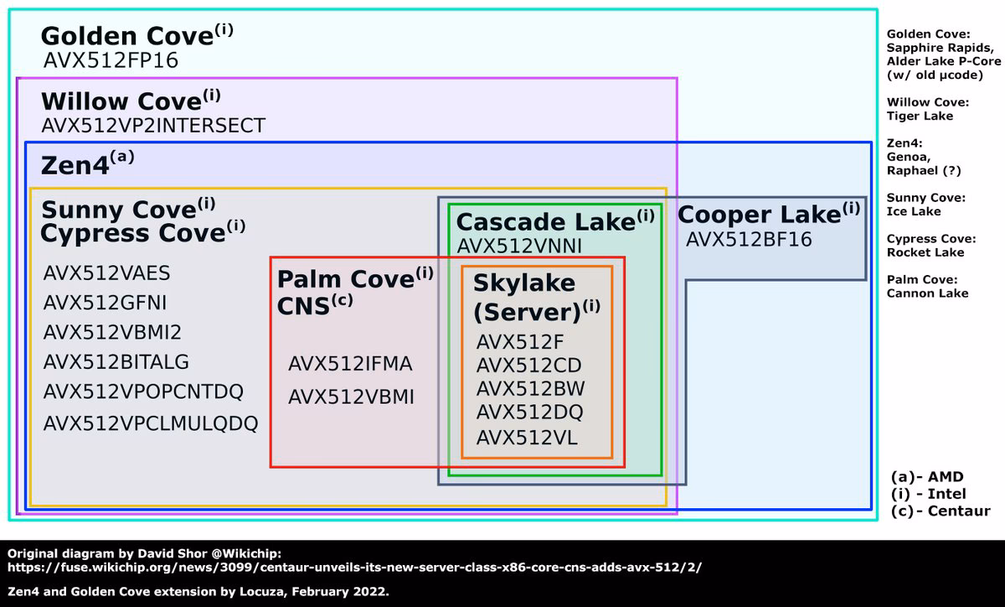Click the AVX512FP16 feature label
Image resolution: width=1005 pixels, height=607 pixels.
pos(111,60)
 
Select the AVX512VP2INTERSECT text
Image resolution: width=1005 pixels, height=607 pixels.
pos(153,126)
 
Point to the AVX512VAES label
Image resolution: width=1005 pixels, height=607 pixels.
pos(107,273)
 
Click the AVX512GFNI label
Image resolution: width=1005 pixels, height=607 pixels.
pos(105,303)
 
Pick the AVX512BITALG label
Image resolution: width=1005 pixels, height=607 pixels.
pos(116,362)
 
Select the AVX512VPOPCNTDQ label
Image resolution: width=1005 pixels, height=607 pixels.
pos(143,392)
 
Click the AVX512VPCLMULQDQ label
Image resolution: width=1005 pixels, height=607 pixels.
pos(151,423)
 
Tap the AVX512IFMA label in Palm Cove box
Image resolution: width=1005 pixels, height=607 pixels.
pos(350,364)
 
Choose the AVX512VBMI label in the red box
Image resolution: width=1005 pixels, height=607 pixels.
pos(351,397)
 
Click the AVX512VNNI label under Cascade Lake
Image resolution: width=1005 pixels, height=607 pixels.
pos(519,246)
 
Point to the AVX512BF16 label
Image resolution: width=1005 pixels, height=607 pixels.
pos(749,240)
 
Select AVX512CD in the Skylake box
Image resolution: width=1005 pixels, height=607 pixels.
pos(529,366)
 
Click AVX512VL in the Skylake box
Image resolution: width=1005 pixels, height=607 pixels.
pos(527,438)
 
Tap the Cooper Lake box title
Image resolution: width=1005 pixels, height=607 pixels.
pos(769,214)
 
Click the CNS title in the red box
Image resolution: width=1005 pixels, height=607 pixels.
pos(315,306)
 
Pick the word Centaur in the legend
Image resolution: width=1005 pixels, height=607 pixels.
pos(959,511)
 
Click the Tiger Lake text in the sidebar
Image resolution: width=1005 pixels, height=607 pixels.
pos(920,116)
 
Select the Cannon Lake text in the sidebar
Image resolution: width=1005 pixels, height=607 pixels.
pos(927,293)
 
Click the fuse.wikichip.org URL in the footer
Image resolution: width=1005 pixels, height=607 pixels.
pos(354,568)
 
